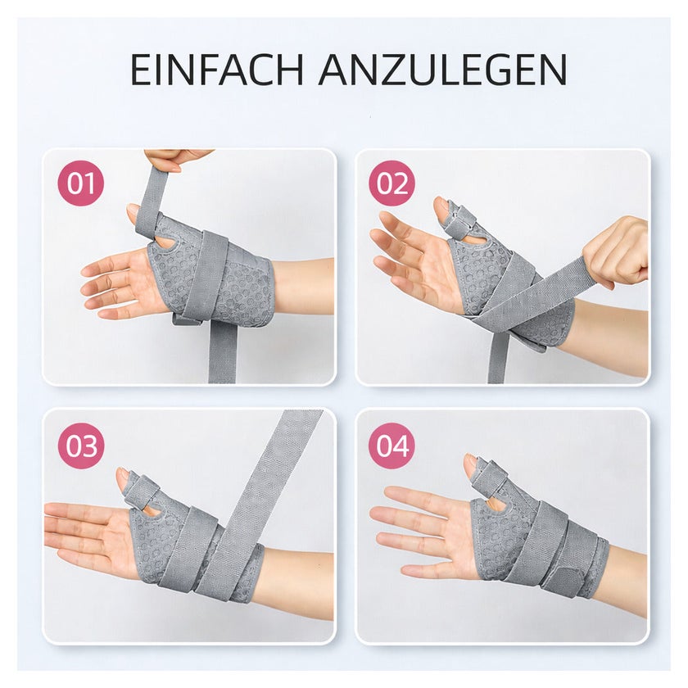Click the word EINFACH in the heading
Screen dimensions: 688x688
[x=216, y=70]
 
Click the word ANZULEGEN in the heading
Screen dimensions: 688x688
[x=443, y=70]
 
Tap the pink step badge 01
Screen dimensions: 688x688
[x=81, y=183]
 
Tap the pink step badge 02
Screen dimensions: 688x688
[x=392, y=183]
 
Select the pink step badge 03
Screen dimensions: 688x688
[x=81, y=446]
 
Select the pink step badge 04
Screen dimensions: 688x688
[x=392, y=446]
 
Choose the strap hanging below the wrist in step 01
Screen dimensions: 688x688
[x=222, y=351]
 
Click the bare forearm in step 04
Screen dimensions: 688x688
[x=627, y=578]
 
